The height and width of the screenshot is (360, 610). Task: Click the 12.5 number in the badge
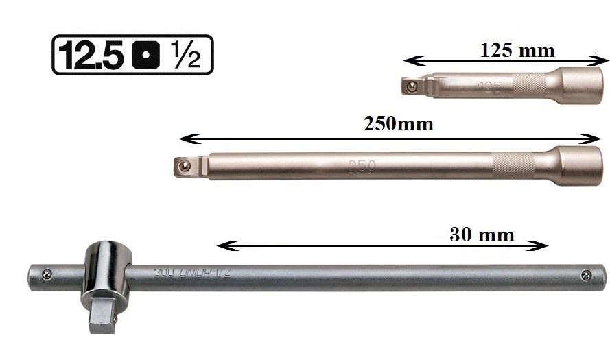91,55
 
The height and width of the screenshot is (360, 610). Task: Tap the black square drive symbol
146,55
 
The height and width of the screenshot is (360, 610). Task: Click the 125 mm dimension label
517,51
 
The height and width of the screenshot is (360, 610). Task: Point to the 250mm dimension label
399,124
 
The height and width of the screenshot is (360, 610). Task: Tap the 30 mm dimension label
482,235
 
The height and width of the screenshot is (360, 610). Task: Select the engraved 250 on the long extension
362,167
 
